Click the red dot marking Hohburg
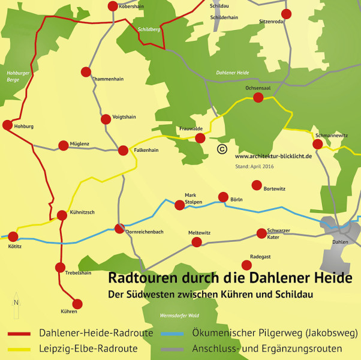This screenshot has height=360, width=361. (7, 125)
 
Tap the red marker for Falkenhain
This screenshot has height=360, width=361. (123, 151)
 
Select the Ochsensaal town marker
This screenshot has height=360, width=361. (258, 98)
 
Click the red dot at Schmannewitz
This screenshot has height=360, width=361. (318, 144)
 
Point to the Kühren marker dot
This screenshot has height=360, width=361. (77, 303)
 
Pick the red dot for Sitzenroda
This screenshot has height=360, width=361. (286, 14)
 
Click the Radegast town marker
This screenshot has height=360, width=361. (246, 265)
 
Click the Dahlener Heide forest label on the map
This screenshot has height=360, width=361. (232, 73)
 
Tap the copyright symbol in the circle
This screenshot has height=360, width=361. (221, 149)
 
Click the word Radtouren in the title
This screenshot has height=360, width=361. (136, 279)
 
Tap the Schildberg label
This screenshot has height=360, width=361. (149, 29)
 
